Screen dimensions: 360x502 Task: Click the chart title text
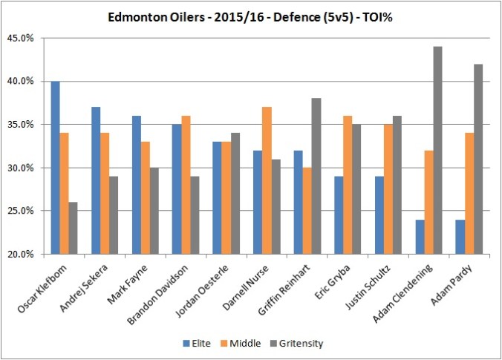(250, 16)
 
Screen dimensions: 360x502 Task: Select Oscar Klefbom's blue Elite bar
(56, 168)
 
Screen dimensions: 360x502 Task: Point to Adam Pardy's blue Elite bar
(460, 237)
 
